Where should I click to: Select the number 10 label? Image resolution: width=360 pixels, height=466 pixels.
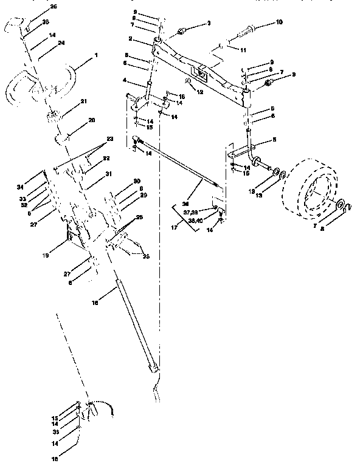(x=279, y=22)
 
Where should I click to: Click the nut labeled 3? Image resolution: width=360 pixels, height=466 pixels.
(x=182, y=31)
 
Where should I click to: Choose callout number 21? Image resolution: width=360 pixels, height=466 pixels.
(x=84, y=101)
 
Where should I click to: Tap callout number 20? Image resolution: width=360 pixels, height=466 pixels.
(x=91, y=120)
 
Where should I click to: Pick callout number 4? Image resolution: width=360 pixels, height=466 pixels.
(x=125, y=80)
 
